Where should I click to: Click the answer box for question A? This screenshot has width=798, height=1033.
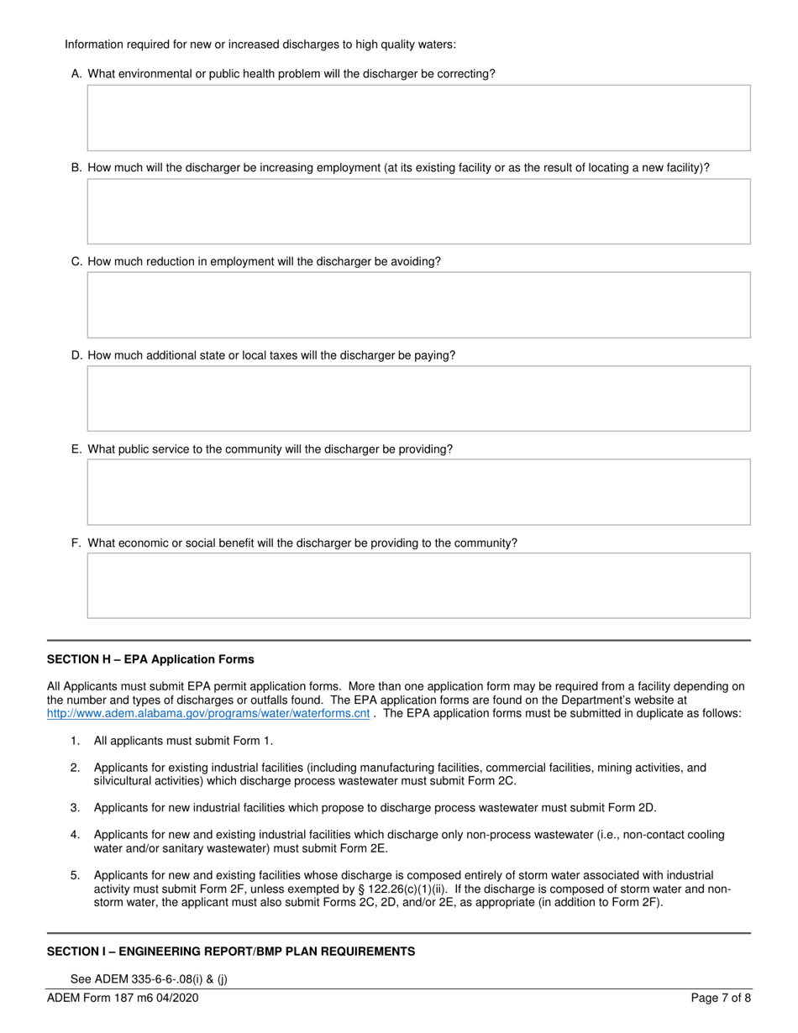pyautogui.click(x=418, y=118)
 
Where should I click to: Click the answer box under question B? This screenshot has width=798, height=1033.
pyautogui.click(x=418, y=211)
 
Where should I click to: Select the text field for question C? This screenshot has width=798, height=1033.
pyautogui.click(x=418, y=305)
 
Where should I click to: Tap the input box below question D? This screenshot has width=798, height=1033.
pyautogui.click(x=418, y=398)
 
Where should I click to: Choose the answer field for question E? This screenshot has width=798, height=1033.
pyautogui.click(x=418, y=492)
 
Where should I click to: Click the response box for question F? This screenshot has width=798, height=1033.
pyautogui.click(x=418, y=585)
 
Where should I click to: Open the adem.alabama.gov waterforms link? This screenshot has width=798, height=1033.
pyautogui.click(x=207, y=714)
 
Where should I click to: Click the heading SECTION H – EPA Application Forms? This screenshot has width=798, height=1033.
pyautogui.click(x=150, y=659)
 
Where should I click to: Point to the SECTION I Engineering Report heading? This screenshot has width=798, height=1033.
pyautogui.click(x=230, y=952)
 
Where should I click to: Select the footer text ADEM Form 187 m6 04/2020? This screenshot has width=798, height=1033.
pyautogui.click(x=123, y=999)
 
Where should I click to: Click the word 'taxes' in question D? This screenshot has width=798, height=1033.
pyautogui.click(x=281, y=355)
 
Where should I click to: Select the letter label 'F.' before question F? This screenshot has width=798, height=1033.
pyautogui.click(x=76, y=543)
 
